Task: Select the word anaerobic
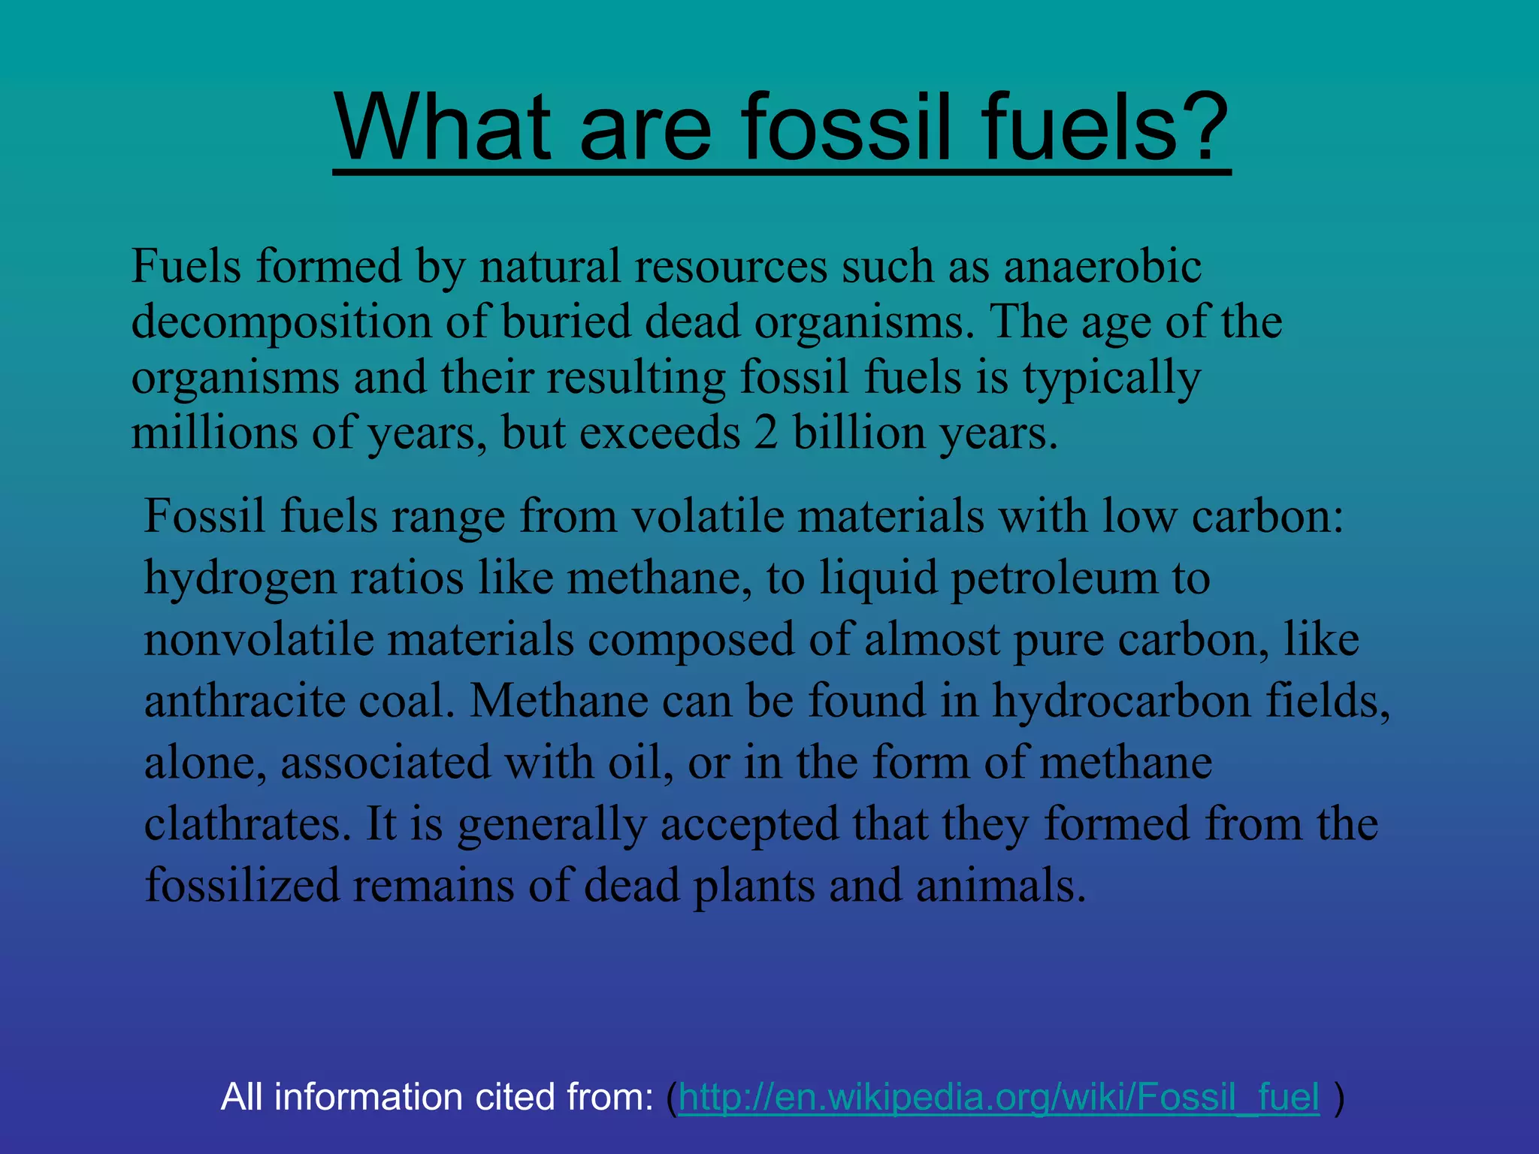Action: click(x=1102, y=266)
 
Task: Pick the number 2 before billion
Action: click(x=766, y=434)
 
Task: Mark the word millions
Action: click(x=214, y=434)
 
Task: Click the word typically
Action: click(x=1111, y=378)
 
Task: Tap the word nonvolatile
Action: click(x=259, y=639)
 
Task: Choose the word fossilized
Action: click(x=242, y=886)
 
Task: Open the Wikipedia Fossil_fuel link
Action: click(x=999, y=1098)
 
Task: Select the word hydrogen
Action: click(x=240, y=579)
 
